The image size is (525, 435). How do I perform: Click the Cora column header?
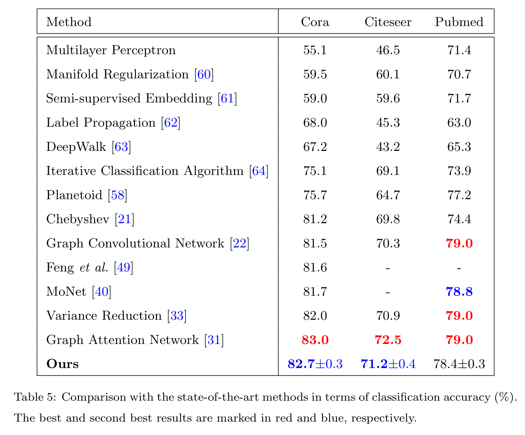(x=315, y=22)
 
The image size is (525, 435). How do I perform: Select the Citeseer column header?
(x=388, y=22)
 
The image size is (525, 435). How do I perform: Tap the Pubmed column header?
(x=459, y=22)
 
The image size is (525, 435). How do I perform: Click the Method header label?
(x=69, y=22)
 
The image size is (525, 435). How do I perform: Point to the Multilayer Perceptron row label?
(x=111, y=50)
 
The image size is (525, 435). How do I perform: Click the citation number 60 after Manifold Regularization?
(x=204, y=74)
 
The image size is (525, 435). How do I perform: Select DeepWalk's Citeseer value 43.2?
(x=388, y=147)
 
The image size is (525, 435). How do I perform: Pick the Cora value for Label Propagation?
(x=315, y=123)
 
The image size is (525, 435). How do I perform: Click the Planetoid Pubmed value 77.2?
(x=459, y=195)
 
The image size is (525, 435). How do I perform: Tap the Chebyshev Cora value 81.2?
(x=315, y=219)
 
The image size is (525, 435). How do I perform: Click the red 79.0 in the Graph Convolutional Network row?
(x=459, y=243)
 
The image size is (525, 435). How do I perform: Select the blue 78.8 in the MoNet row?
(x=459, y=292)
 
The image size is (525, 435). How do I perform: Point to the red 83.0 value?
(x=315, y=340)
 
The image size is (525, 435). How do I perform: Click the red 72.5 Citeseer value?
(x=388, y=340)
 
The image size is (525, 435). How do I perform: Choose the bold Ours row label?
(x=62, y=364)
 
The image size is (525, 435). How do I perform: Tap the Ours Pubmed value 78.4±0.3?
(x=459, y=364)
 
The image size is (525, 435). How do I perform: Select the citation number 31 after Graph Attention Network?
(x=214, y=340)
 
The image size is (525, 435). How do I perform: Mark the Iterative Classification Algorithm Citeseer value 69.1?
(x=388, y=171)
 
